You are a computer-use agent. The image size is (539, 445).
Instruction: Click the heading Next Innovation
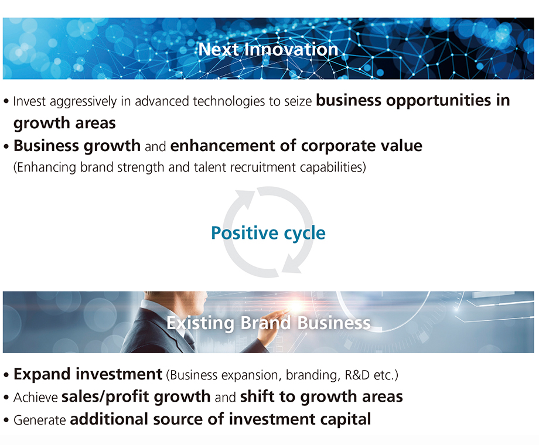[268, 49]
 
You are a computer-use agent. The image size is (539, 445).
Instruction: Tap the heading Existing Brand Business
[268, 323]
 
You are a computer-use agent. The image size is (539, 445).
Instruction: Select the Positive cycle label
[268, 233]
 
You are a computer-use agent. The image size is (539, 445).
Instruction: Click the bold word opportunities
[438, 100]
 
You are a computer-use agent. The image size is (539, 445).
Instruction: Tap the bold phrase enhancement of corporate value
[296, 145]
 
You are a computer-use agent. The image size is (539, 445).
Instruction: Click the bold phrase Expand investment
[88, 374]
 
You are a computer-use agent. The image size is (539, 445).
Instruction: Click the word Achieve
[36, 398]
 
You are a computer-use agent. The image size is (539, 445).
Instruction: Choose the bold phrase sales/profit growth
[136, 397]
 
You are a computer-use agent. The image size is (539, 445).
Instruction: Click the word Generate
[39, 420]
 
